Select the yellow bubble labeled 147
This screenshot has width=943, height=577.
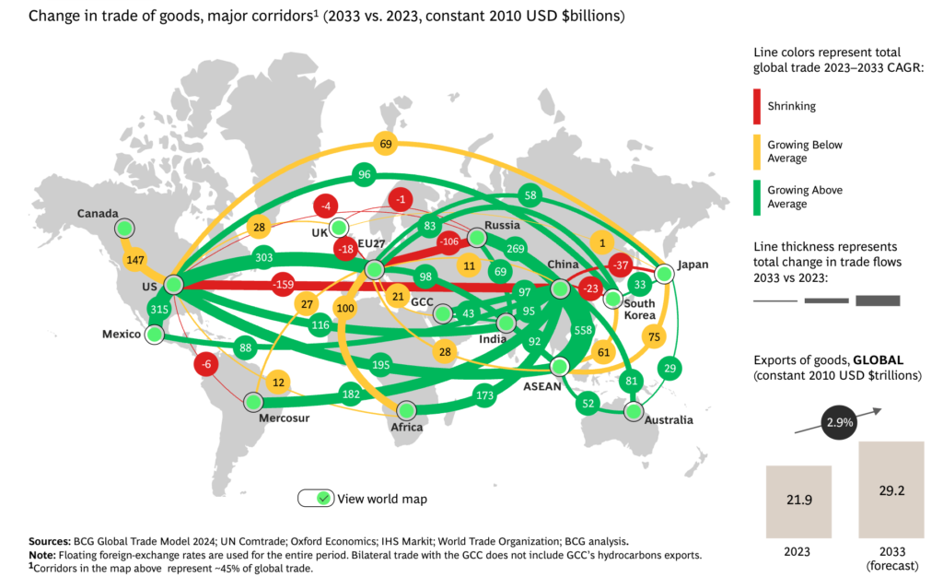tap(136, 260)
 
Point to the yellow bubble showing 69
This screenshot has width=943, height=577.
tap(386, 143)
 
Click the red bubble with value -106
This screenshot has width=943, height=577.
tap(449, 242)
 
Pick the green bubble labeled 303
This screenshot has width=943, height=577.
tap(264, 258)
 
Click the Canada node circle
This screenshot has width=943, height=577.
tap(124, 228)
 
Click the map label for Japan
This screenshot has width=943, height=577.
tap(693, 265)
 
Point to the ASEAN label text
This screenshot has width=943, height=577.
tap(541, 386)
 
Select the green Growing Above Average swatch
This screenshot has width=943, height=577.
tap(757, 196)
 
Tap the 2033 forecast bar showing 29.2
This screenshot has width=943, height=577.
tap(891, 489)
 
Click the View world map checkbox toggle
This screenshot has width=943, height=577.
tap(314, 498)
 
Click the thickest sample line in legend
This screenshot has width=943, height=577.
tap(877, 300)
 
